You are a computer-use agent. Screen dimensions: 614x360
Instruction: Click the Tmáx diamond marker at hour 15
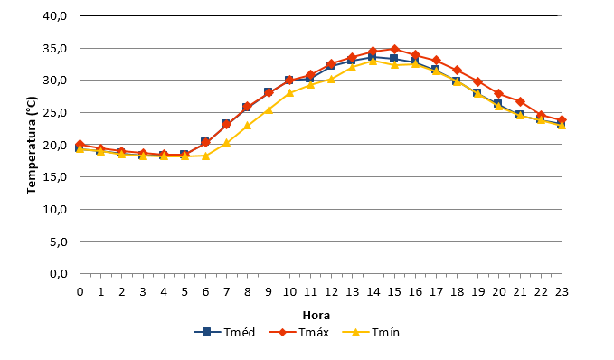pyautogui.click(x=394, y=50)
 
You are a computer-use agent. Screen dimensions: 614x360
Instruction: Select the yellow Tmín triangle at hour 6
pyautogui.click(x=205, y=156)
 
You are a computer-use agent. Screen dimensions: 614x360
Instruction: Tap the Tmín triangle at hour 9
pyautogui.click(x=269, y=109)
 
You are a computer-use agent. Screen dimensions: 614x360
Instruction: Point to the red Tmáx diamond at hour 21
pyautogui.click(x=520, y=102)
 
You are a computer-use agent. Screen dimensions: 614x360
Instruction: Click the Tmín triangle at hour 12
pyautogui.click(x=331, y=79)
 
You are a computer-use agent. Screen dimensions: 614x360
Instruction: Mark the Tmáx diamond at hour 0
pyautogui.click(x=80, y=145)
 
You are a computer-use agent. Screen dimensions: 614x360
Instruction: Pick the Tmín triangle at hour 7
pyautogui.click(x=226, y=143)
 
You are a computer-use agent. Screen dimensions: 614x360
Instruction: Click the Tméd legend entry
pyautogui.click(x=225, y=333)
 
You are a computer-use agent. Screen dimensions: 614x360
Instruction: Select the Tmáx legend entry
pyautogui.click(x=299, y=333)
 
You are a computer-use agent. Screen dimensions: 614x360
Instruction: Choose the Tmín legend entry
pyautogui.click(x=371, y=333)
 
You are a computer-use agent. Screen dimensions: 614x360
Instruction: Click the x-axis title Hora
pyautogui.click(x=316, y=316)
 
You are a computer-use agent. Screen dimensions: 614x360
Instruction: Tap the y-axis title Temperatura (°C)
pyautogui.click(x=32, y=145)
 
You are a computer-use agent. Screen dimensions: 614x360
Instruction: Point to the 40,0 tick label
pyautogui.click(x=55, y=16)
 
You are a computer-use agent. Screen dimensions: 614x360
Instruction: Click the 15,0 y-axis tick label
pyautogui.click(x=55, y=177)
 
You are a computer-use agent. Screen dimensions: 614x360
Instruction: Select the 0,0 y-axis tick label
pyautogui.click(x=59, y=274)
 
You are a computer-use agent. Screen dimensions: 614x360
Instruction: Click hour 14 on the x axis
pyautogui.click(x=373, y=292)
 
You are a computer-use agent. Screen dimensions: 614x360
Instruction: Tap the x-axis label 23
pyautogui.click(x=562, y=292)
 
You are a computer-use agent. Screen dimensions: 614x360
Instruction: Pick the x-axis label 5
pyautogui.click(x=184, y=292)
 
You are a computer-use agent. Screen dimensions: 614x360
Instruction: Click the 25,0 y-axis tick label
pyautogui.click(x=55, y=113)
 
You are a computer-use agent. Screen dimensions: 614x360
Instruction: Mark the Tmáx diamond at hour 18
pyautogui.click(x=457, y=71)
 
